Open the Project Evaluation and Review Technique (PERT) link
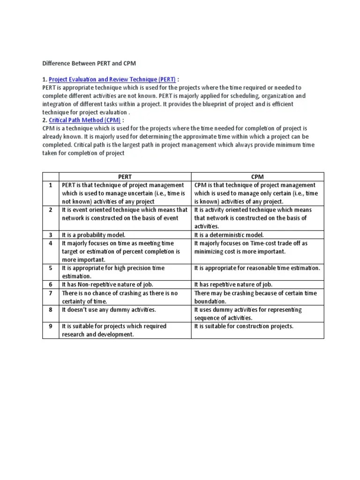112,79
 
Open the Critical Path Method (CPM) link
84,120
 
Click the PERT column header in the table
125,177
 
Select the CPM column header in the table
257,177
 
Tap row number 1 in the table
51,185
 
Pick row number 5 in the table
51,268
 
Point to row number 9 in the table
51,326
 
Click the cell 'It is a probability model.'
94,235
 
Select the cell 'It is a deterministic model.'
229,235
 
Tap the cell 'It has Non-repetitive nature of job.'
107,285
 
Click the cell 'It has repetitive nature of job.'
233,285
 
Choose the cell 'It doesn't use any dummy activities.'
109,310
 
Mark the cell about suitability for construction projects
244,326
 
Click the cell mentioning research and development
114,330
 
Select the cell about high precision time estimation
113,272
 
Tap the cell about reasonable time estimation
257,268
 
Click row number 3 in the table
51,235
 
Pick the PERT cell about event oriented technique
124,214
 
